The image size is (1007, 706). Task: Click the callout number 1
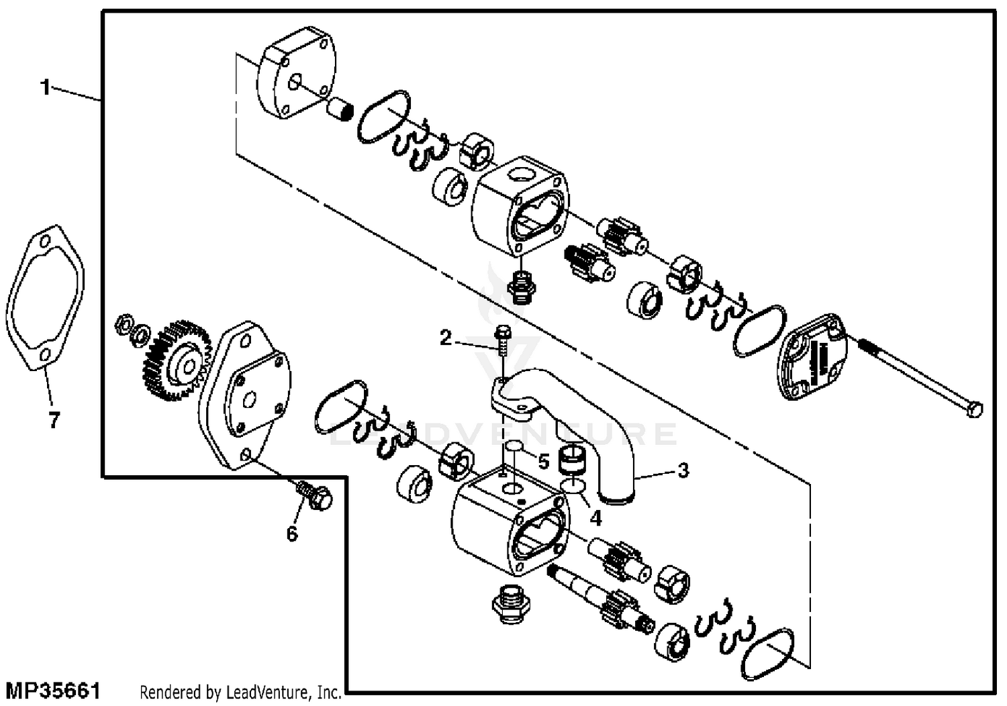coord(46,87)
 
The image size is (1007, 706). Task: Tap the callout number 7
coord(54,421)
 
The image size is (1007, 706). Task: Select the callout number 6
coord(291,534)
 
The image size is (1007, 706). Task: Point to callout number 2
coord(446,338)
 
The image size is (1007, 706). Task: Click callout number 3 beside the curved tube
coord(683,470)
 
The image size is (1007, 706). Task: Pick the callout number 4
coord(595,519)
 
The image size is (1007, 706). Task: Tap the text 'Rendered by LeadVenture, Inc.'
coord(240,691)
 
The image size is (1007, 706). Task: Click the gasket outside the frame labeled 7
coord(44,299)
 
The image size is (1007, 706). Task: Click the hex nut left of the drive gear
coord(123,324)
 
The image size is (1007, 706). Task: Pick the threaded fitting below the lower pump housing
coord(512,604)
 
